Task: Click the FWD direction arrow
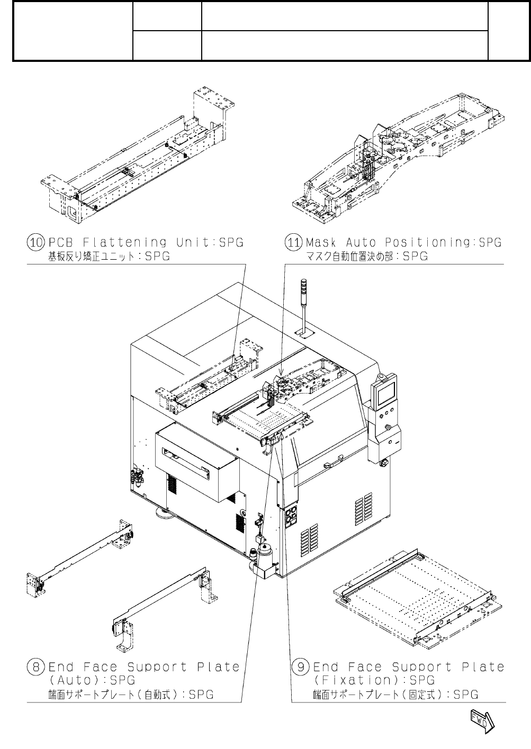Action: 481,721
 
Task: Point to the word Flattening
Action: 125,243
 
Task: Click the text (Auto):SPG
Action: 92,680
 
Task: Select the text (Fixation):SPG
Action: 374,680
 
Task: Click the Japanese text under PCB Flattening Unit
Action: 110,257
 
